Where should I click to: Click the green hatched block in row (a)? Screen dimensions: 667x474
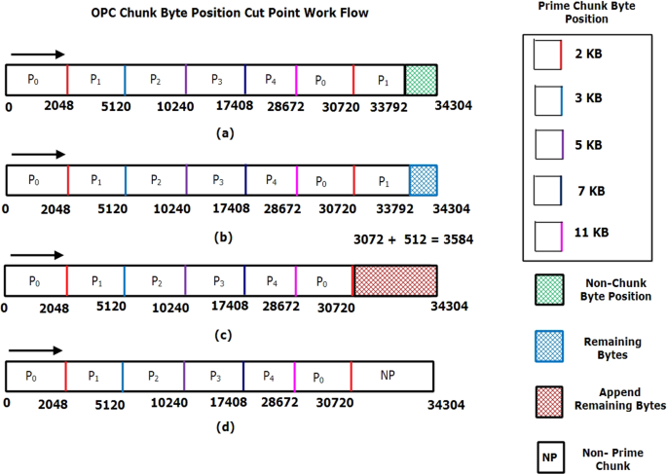click(x=421, y=79)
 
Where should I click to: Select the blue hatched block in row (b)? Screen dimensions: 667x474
click(x=423, y=180)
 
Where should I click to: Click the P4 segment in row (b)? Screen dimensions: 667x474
click(x=273, y=180)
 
